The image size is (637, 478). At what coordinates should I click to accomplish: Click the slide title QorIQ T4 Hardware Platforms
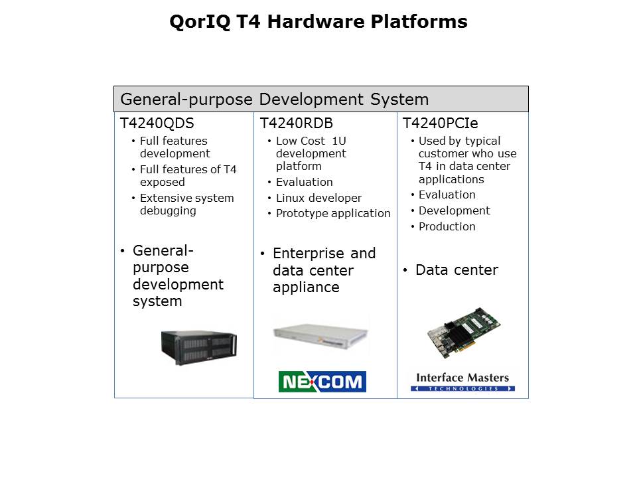(x=318, y=21)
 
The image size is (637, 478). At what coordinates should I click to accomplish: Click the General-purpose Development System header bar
(x=321, y=99)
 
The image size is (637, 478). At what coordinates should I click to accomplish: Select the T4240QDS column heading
(x=157, y=123)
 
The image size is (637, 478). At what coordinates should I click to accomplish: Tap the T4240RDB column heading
(x=297, y=123)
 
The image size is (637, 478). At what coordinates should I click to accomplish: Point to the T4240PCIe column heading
(x=441, y=123)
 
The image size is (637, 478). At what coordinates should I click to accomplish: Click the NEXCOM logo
(x=322, y=382)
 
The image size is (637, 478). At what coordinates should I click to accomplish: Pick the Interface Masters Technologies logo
(x=462, y=382)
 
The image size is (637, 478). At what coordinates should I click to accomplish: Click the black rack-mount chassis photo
(x=199, y=347)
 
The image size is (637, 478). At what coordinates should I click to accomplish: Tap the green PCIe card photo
(x=464, y=333)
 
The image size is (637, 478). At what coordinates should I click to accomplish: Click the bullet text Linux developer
(x=318, y=198)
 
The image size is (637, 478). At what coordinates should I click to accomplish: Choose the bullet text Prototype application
(x=333, y=213)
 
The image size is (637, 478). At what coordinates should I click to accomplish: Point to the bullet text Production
(x=447, y=226)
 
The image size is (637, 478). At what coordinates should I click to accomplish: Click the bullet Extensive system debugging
(x=187, y=204)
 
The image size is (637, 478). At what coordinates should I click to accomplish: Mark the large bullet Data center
(x=457, y=270)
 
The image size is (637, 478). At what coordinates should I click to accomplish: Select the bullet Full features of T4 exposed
(x=188, y=175)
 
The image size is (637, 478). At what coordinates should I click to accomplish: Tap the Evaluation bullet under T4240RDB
(x=305, y=182)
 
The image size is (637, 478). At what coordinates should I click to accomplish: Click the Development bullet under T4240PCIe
(x=454, y=210)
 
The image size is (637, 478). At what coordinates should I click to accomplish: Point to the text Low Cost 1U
(x=311, y=141)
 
